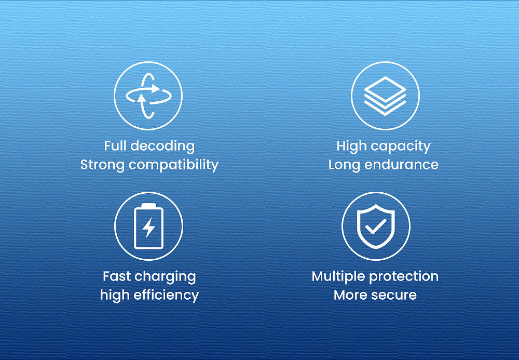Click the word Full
(x=116, y=146)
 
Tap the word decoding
(x=162, y=146)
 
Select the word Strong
(x=102, y=165)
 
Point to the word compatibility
(x=173, y=165)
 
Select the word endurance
(x=401, y=165)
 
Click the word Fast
(x=116, y=276)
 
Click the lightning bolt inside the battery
(x=148, y=228)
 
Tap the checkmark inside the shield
(x=376, y=226)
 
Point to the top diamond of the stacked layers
(x=385, y=89)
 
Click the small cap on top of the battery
(x=148, y=205)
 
